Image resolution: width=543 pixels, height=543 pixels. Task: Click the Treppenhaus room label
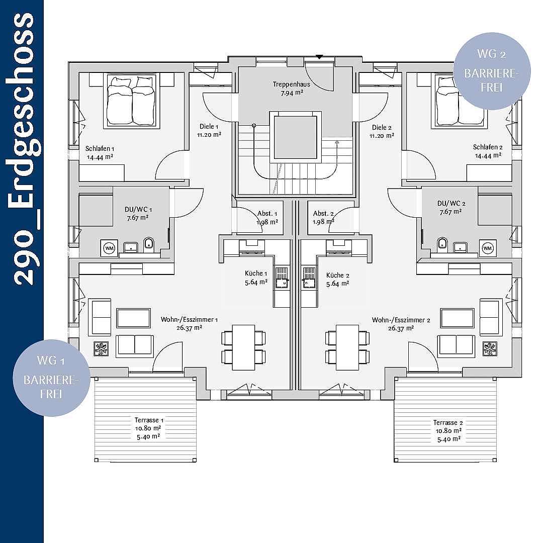pos(291,84)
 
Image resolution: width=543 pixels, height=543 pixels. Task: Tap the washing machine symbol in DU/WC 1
pos(110,248)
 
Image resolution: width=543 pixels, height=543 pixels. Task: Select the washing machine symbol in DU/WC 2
pos(488,248)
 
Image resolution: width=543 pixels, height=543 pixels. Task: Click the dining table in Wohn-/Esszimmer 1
pos(243,347)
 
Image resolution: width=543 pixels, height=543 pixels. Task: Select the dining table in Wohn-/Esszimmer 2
pos(347,347)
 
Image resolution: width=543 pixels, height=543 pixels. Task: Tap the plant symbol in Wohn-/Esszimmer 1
pos(101,349)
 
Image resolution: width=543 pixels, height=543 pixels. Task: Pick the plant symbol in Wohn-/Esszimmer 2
pos(490,349)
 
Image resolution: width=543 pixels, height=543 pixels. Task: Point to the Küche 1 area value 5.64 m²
pos(256,283)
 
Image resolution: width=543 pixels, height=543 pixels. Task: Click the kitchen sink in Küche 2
pos(309,278)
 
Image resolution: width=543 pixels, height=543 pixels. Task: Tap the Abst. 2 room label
pos(323,214)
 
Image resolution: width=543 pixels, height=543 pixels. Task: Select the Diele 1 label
pos(209,126)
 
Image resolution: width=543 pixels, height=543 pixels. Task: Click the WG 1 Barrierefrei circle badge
pos(51,378)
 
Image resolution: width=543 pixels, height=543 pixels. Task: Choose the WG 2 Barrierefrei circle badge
pos(492,71)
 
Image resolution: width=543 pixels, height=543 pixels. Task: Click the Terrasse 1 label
pos(149,420)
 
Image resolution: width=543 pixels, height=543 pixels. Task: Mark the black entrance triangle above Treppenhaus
pos(319,57)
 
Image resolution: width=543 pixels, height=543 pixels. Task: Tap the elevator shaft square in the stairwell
pos(296,137)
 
